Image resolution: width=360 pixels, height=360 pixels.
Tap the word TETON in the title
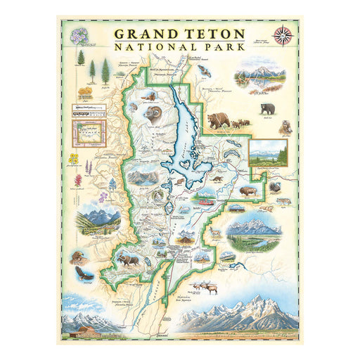(x=215, y=33)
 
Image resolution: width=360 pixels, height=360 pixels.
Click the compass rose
(x=285, y=32)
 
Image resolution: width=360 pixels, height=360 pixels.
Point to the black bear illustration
(x=268, y=109)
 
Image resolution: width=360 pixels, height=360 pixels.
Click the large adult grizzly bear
(x=219, y=119)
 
